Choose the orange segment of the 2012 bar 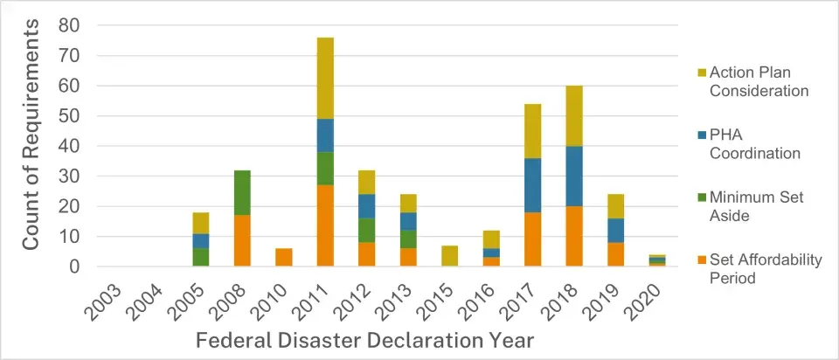click(x=366, y=254)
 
